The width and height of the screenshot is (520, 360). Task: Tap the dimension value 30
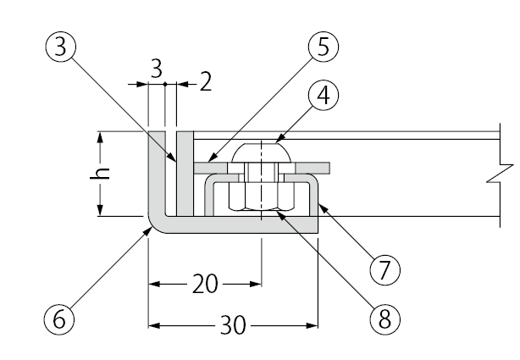(x=230, y=324)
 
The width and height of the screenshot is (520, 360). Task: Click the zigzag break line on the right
(x=505, y=174)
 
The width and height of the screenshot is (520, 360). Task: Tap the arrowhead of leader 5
(x=206, y=163)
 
